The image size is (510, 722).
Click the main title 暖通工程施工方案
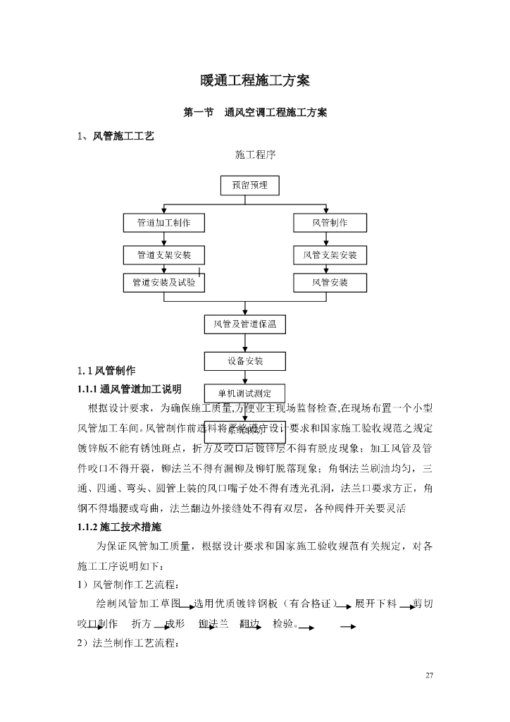point(255,80)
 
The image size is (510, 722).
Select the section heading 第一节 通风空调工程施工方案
point(255,113)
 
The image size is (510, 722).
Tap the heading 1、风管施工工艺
point(116,136)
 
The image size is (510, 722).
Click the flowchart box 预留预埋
point(245,185)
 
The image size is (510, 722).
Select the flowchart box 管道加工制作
point(163,223)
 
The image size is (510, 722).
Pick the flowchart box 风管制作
point(330,223)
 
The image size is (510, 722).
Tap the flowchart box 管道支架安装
point(163,254)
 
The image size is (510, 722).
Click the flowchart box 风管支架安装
point(330,254)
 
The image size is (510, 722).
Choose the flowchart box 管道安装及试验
point(163,283)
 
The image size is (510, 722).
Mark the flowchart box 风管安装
point(330,283)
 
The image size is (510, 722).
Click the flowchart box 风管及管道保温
point(245,324)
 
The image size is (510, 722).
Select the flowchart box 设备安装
point(245,361)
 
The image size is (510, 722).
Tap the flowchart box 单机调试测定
point(245,393)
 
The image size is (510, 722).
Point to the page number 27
point(429,676)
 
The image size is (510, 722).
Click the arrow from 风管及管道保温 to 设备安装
point(245,343)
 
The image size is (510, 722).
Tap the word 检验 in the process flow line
point(282,624)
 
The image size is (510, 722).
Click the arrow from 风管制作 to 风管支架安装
point(327,239)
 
